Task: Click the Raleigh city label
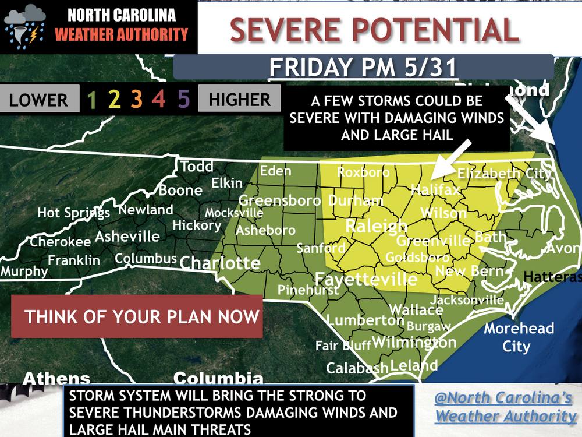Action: (377, 227)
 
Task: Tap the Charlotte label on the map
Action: (220, 263)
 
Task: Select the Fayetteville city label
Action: (366, 279)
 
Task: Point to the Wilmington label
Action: (414, 342)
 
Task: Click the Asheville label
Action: (127, 237)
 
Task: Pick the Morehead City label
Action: (519, 337)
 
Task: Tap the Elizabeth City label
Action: (504, 173)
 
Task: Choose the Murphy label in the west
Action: (24, 271)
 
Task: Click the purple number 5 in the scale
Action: (184, 100)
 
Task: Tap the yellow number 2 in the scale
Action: (114, 100)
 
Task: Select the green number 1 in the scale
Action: (91, 100)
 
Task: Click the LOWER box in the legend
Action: (38, 100)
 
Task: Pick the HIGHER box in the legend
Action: (240, 100)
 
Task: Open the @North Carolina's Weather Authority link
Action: (505, 407)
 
